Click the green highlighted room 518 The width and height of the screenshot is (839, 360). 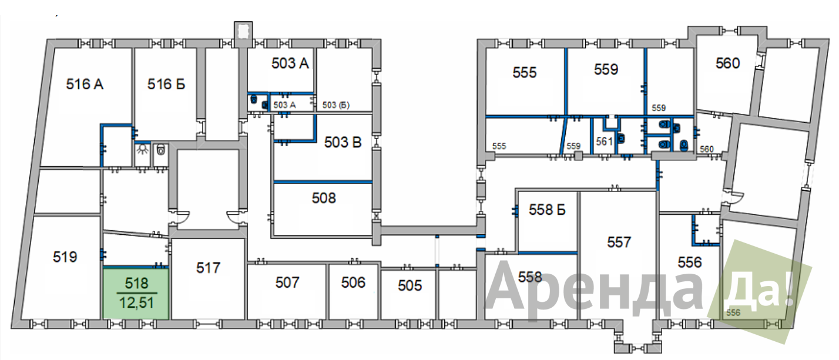click(x=136, y=294)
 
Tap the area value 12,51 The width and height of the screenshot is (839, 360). click(x=137, y=303)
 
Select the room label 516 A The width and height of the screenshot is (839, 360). click(x=85, y=84)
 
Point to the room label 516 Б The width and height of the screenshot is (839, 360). click(x=166, y=84)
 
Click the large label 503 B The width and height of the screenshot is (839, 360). click(x=343, y=142)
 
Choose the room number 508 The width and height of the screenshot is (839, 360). click(x=324, y=198)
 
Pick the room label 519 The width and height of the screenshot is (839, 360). click(x=65, y=257)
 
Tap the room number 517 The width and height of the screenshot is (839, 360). click(x=208, y=268)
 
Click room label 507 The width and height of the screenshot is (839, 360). click(x=287, y=282)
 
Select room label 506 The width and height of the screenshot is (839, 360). click(x=353, y=282)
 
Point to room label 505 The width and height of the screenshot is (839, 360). click(x=410, y=286)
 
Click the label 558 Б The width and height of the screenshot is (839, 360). click(x=547, y=210)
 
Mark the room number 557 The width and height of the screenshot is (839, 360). click(x=619, y=243)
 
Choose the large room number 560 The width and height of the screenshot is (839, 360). click(x=728, y=63)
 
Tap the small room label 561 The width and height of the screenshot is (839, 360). click(x=604, y=142)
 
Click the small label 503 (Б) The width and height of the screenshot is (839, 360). click(x=336, y=105)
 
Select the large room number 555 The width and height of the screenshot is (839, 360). click(x=525, y=73)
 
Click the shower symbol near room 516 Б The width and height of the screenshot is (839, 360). click(x=142, y=150)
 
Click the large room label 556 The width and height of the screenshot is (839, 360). click(x=690, y=263)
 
